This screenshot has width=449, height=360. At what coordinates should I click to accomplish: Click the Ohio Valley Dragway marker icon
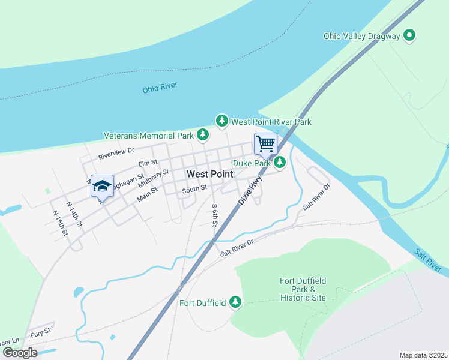tap(410, 36)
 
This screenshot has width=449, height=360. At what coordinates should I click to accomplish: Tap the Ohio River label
tap(160, 89)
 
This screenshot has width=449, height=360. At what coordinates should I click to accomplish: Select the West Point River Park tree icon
tap(222, 121)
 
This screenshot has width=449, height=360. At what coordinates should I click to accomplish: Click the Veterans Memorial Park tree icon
tap(203, 136)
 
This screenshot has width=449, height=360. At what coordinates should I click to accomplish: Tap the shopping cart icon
tap(265, 143)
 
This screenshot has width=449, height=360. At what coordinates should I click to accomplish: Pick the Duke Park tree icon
tap(280, 162)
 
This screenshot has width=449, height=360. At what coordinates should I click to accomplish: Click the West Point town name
tap(209, 173)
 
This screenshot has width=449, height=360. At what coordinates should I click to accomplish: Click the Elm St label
tap(147, 163)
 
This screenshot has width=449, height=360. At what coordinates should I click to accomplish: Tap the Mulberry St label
tap(155, 176)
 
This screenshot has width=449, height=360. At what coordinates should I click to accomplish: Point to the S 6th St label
tap(215, 214)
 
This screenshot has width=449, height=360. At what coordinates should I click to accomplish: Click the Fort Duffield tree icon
tap(236, 302)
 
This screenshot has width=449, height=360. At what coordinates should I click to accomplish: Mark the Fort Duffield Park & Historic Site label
tap(302, 289)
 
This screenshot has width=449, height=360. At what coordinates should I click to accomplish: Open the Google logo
tap(20, 353)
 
